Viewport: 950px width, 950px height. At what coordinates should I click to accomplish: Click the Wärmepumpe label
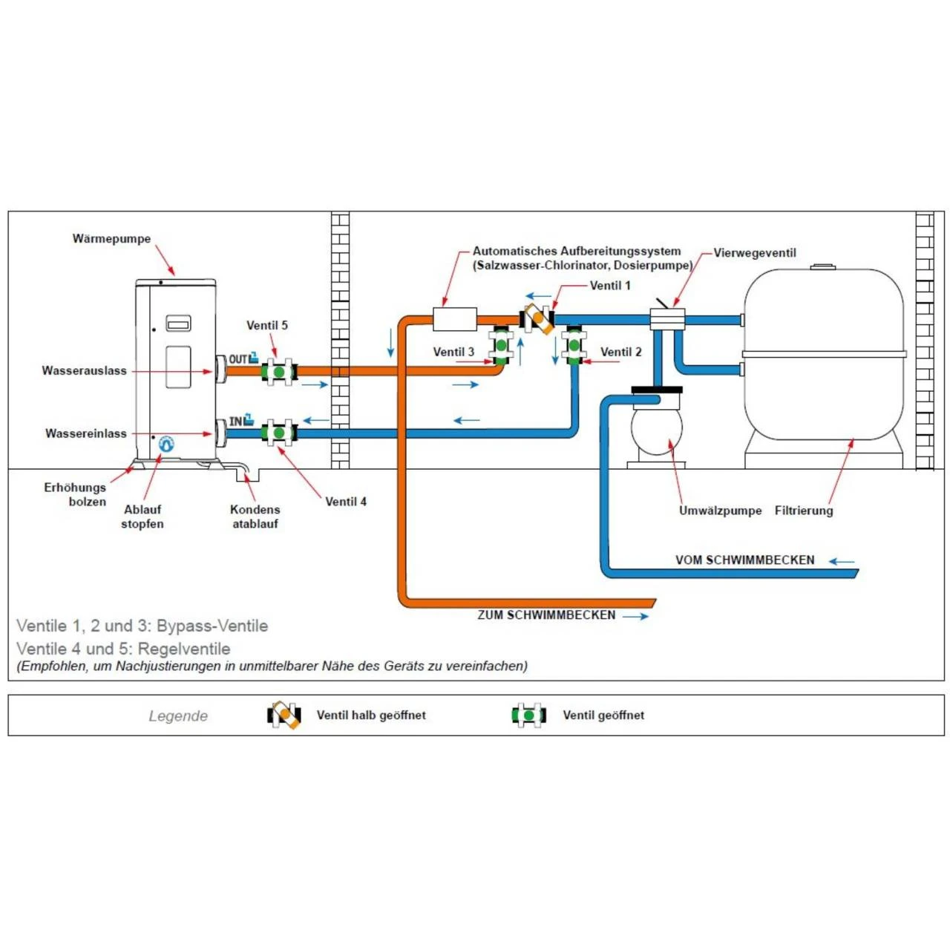111,238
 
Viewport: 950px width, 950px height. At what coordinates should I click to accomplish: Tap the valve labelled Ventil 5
279,370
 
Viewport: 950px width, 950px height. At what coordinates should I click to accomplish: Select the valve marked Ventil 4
279,432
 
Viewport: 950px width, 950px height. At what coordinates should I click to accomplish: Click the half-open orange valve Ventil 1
538,319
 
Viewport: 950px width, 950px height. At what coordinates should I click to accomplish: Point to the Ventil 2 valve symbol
574,346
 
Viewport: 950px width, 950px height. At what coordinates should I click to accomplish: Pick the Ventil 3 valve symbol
502,346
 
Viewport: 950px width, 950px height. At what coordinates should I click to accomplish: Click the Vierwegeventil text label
754,252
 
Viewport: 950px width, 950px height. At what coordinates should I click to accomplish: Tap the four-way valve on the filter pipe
666,319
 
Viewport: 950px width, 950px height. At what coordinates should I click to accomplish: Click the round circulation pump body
656,429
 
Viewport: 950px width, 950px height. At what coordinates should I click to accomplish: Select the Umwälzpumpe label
720,511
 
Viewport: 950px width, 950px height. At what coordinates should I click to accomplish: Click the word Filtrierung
804,511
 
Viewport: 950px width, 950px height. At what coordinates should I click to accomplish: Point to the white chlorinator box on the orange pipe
454,319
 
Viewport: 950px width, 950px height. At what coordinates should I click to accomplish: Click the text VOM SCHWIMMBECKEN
744,560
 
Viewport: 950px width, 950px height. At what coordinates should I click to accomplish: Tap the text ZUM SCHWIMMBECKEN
546,615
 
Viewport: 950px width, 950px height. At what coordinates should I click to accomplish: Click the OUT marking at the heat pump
238,359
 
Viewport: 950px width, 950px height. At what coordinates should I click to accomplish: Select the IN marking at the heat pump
236,421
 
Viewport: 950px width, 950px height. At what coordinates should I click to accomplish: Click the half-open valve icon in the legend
284,715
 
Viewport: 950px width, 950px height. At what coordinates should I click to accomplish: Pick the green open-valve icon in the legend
528,715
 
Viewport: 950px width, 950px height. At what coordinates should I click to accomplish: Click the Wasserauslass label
84,370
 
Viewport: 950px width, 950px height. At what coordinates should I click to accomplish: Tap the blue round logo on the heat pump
166,444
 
